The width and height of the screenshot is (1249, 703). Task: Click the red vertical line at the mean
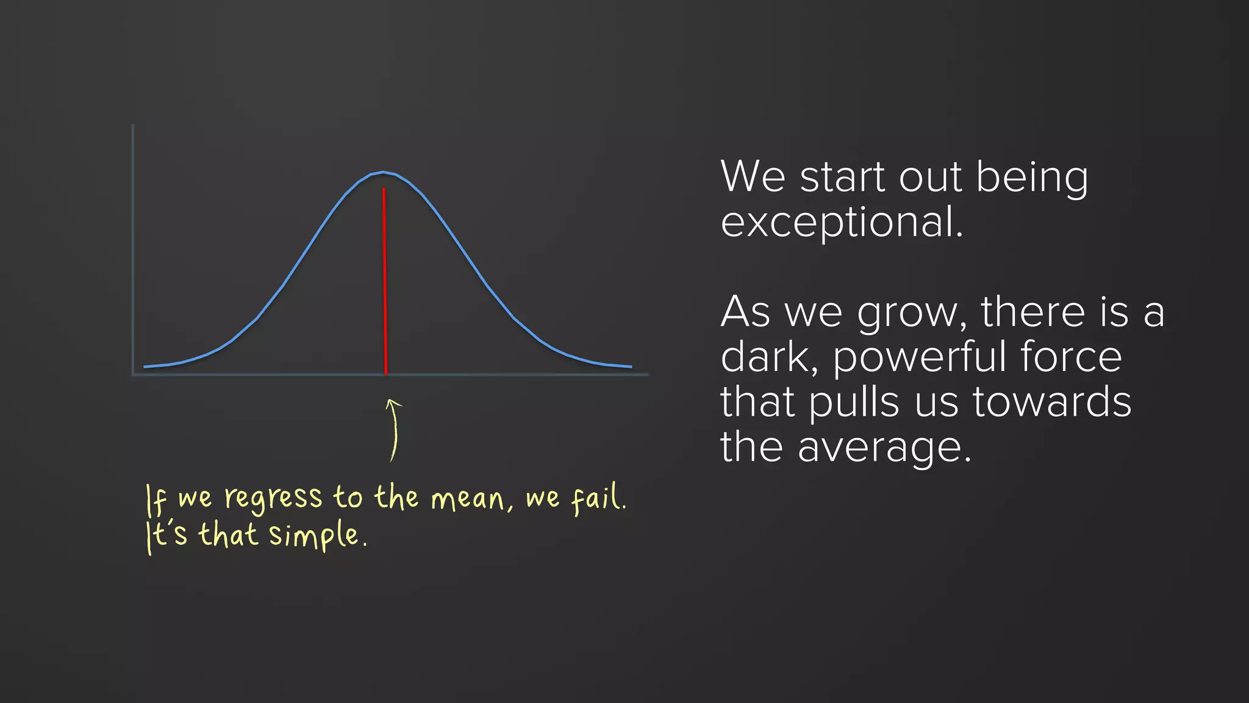coord(385,281)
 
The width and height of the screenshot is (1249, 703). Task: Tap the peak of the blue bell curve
coord(383,173)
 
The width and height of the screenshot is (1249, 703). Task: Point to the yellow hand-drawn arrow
coord(394,430)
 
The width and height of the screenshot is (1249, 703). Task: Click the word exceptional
coord(842,223)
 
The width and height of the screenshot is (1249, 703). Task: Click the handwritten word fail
coord(598,499)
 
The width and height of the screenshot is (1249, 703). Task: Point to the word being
coord(1032,178)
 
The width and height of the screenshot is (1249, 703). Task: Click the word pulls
coord(854,404)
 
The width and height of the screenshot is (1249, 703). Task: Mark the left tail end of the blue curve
coord(145,367)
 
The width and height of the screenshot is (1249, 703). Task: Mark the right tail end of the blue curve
coord(631,367)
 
